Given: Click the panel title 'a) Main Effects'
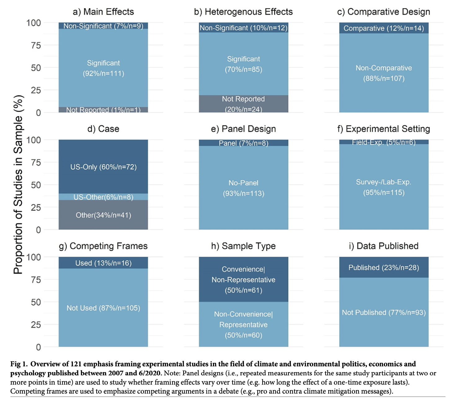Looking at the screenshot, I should pos(103,12).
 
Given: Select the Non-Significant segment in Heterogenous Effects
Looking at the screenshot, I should pos(243,28).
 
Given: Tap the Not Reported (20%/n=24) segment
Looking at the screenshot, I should pos(243,104).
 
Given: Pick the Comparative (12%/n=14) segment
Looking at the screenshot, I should pos(384,28).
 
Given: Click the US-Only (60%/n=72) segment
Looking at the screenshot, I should pos(103,167).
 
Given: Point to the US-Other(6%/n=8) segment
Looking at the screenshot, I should pos(103,197).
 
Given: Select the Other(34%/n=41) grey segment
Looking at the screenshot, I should pos(103,215).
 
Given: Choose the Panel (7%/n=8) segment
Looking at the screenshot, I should pos(243,143).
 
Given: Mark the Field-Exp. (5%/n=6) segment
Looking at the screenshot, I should pos(384,142).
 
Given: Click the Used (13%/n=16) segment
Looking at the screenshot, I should pos(103,263).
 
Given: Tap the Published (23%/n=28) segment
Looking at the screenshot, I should pos(384,268).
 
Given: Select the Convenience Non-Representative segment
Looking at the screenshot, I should pos(243,279).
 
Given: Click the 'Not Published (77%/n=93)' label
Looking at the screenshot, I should pos(384,313).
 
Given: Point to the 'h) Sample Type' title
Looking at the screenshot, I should pos(243,246).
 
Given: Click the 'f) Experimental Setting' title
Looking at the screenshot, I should pos(384,129).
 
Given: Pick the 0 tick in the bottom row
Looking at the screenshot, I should pos(38,347).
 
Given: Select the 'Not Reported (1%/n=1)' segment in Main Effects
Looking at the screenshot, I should pos(103,110).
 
